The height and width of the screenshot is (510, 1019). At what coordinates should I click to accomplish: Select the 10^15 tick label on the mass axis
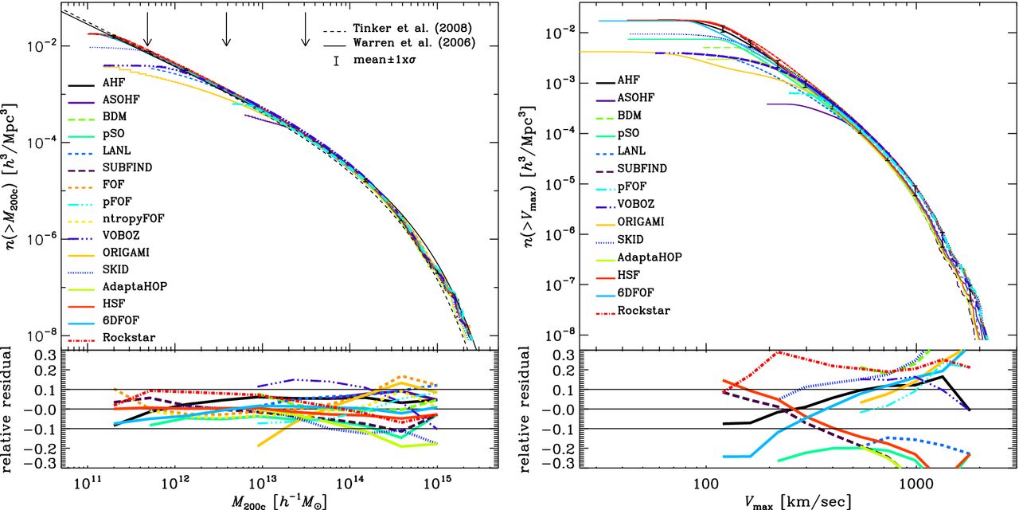coord(436,485)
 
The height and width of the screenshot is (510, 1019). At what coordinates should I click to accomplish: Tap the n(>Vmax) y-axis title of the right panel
coord(530,175)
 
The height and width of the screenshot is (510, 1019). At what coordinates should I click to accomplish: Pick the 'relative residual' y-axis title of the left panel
coord(9,410)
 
